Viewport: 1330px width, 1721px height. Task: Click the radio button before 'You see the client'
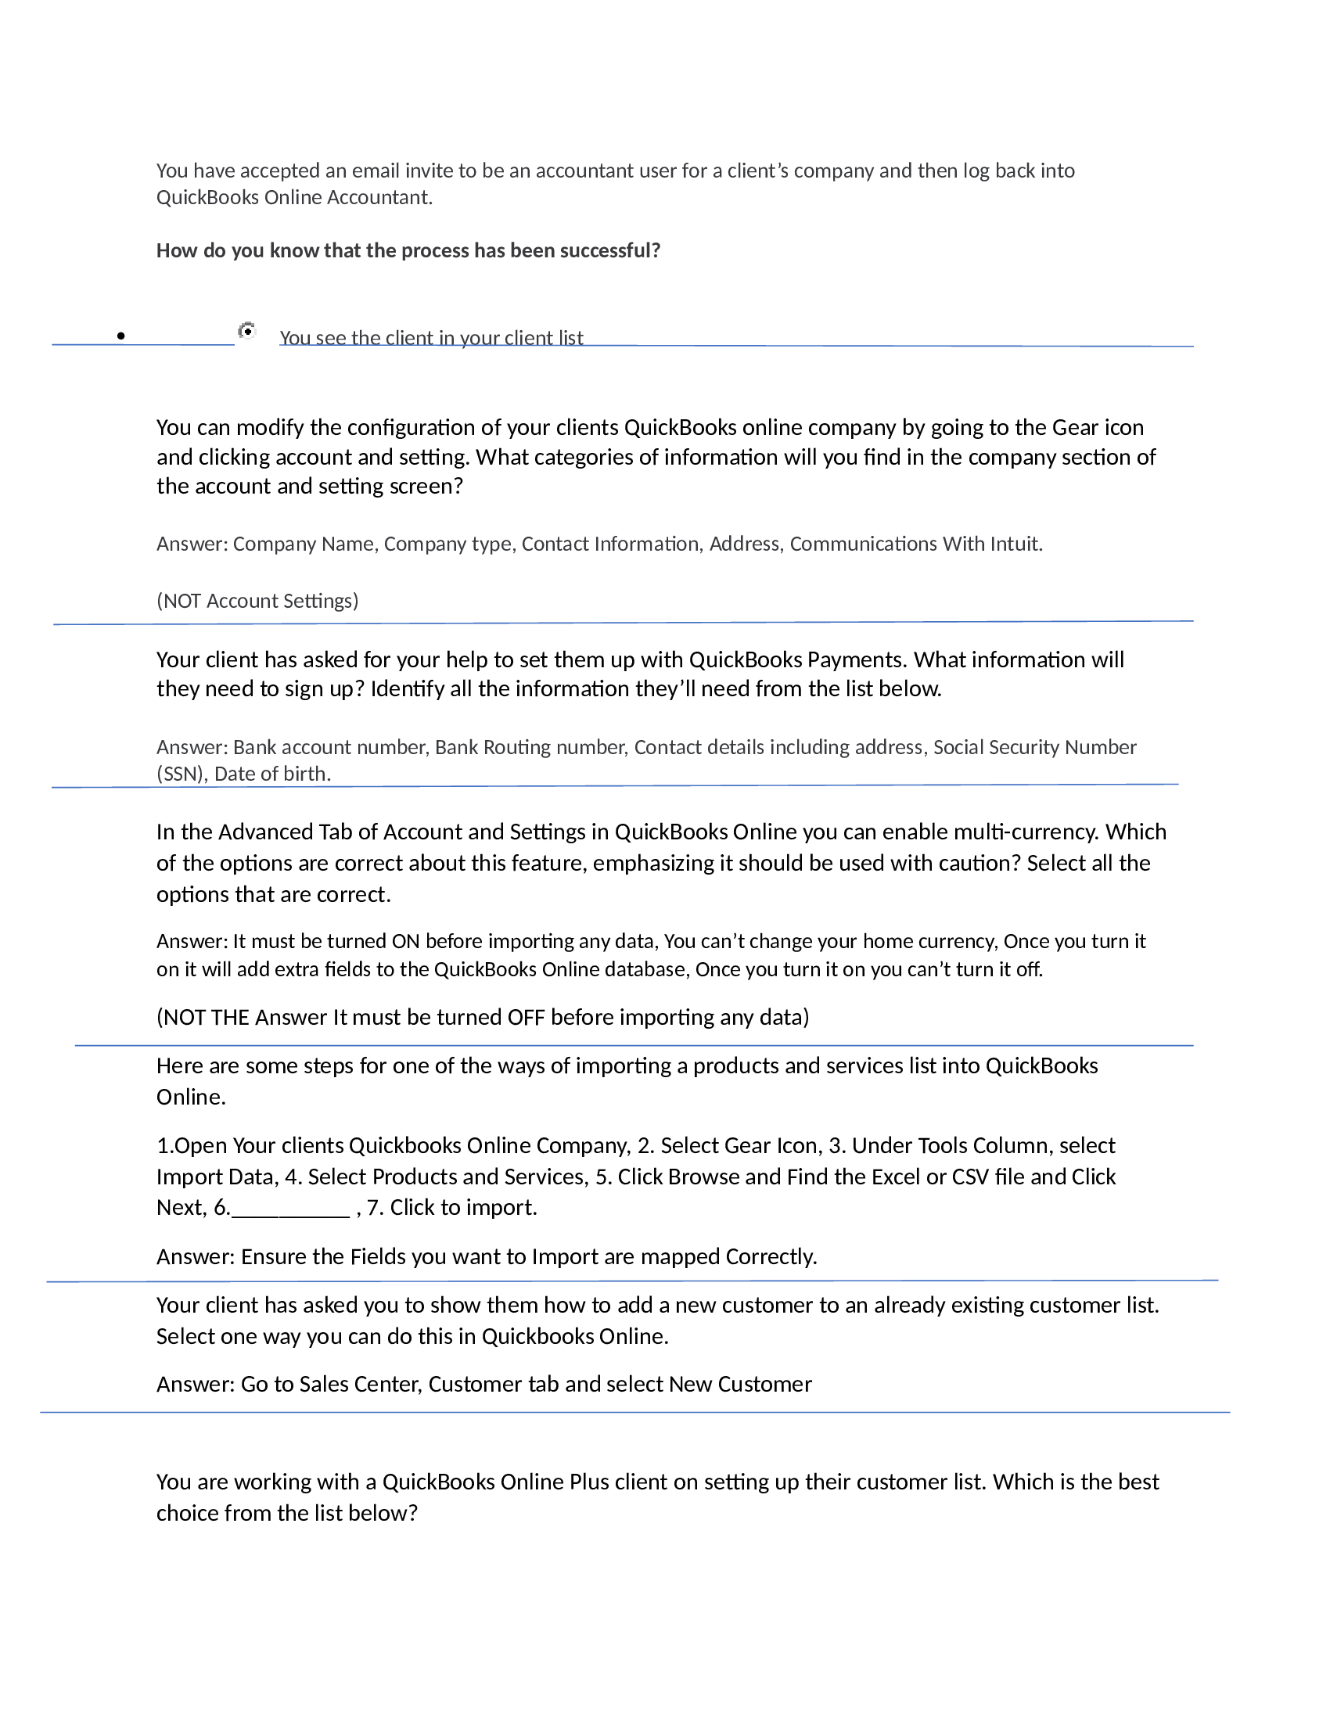tap(247, 332)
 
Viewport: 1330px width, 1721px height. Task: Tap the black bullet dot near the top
tap(120, 336)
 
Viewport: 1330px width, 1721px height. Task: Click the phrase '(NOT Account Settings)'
tap(257, 602)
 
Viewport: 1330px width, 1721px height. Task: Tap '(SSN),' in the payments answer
tap(182, 774)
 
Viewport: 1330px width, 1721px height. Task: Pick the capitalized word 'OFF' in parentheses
tap(526, 1017)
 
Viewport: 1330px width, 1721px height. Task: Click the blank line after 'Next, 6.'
tap(291, 1208)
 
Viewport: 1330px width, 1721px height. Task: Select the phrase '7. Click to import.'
tap(452, 1208)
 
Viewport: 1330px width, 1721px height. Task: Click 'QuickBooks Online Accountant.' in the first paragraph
tap(294, 198)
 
